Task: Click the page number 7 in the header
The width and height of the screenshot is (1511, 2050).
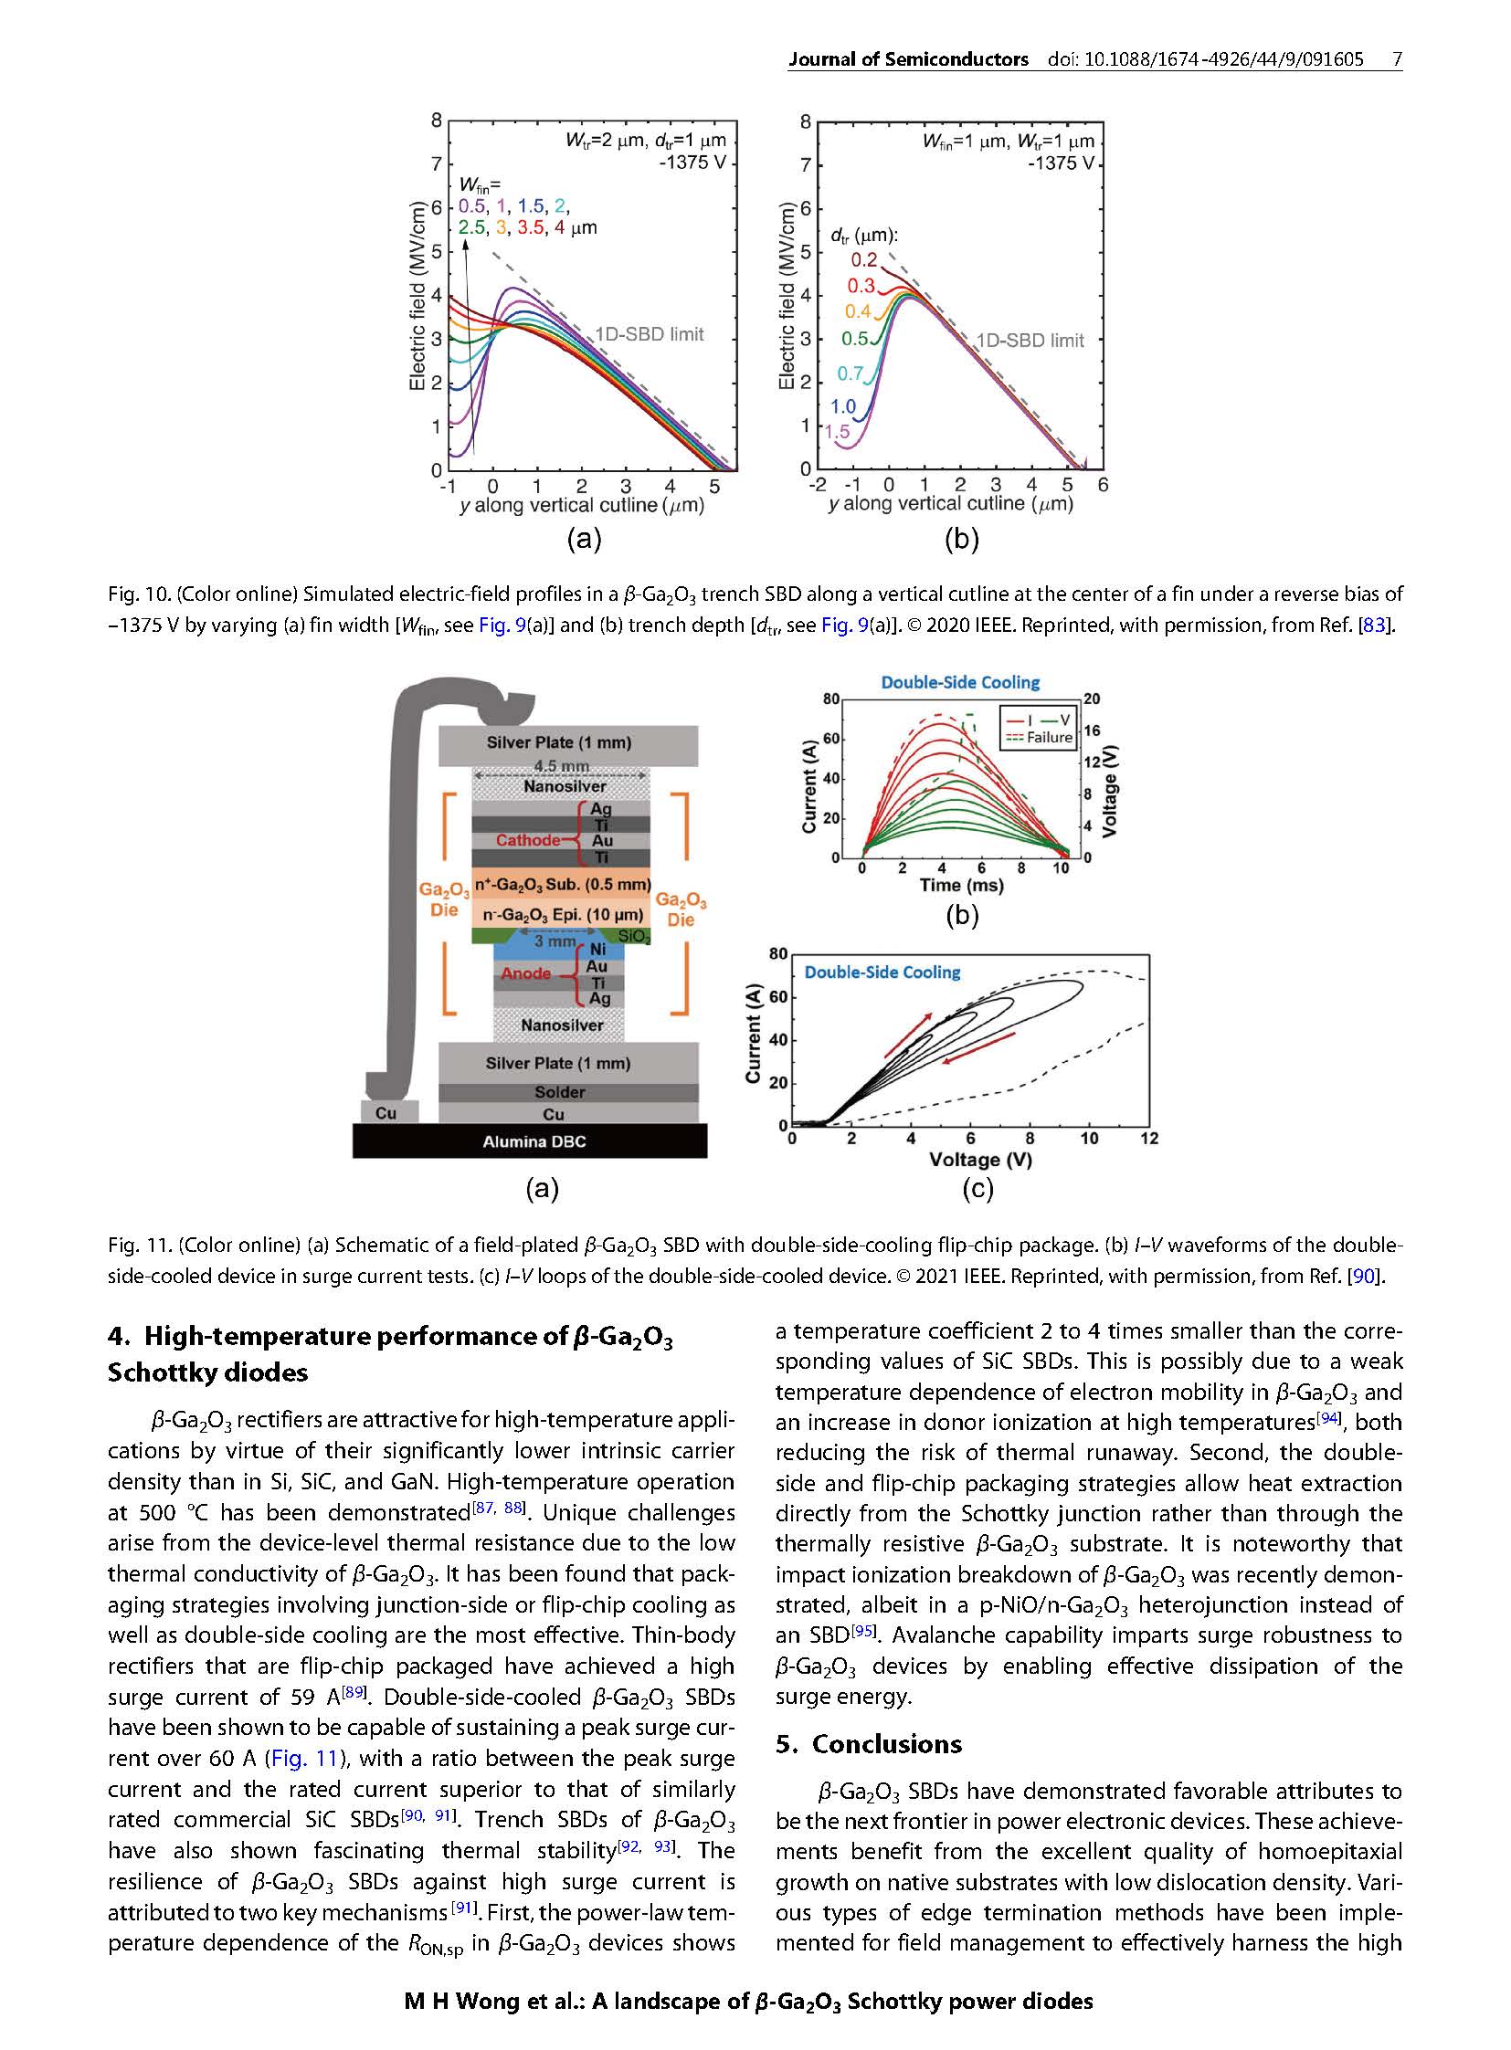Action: click(x=1397, y=59)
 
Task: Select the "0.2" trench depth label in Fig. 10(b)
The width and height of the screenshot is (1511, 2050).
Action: click(x=863, y=259)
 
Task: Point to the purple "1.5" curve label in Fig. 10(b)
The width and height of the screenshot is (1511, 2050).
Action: click(x=837, y=432)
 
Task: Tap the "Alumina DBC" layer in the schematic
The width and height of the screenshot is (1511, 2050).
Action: click(x=534, y=1141)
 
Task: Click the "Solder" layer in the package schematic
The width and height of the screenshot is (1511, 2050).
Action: click(x=560, y=1092)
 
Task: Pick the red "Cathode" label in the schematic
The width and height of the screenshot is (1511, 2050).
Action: click(x=528, y=840)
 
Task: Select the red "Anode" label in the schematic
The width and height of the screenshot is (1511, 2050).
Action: click(x=526, y=972)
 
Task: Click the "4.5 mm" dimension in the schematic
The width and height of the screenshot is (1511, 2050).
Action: click(x=561, y=766)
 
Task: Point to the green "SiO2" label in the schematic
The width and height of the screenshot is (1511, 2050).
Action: click(x=634, y=937)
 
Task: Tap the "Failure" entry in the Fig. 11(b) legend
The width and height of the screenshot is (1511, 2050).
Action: click(x=1049, y=738)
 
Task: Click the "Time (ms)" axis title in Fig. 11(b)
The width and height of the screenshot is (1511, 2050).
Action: click(x=961, y=885)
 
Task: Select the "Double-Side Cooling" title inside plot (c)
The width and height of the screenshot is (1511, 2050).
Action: click(x=882, y=972)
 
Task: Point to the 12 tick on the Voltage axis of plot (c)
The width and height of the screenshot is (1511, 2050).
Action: click(x=1149, y=1139)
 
